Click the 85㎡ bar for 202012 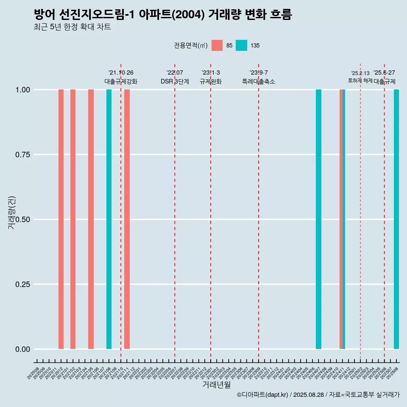click(61, 219)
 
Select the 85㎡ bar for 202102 click(73, 219)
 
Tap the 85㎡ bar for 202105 click(91, 219)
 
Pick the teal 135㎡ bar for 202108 click(109, 219)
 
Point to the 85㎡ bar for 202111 click(127, 219)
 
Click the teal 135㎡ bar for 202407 click(318, 219)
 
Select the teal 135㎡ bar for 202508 click(396, 219)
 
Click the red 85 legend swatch click(217, 45)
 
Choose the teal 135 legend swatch click(241, 45)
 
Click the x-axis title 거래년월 click(216, 385)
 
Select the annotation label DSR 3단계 click(175, 81)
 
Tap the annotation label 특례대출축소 click(259, 81)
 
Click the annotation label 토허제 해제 click(360, 81)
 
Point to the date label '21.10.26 click(121, 72)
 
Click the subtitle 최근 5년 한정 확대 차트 click(72, 27)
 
